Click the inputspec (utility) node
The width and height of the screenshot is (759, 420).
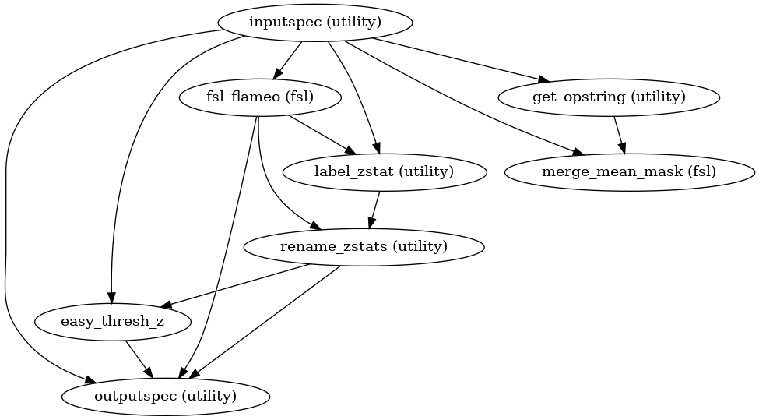(x=315, y=22)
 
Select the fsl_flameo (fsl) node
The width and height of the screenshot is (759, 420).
(x=261, y=97)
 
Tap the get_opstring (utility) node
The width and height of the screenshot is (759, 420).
(x=609, y=97)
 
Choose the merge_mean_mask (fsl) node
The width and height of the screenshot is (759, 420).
(x=629, y=172)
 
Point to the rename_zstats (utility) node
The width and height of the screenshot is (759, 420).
(x=364, y=247)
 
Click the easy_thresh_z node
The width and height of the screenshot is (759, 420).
(x=112, y=322)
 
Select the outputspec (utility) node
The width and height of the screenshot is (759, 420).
(x=165, y=397)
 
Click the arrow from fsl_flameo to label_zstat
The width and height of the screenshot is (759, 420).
(x=319, y=134)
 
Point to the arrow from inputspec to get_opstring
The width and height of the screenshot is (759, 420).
(x=459, y=60)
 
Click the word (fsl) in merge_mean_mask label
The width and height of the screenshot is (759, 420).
(x=695, y=172)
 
